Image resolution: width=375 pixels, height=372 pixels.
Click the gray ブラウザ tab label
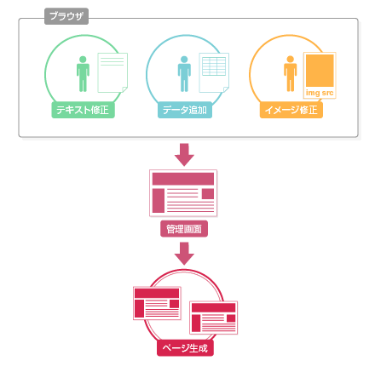click(66, 16)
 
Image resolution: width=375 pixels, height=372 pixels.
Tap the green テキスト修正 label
click(83, 110)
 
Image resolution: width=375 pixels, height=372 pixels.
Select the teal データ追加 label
click(185, 110)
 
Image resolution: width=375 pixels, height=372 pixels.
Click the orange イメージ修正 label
click(291, 110)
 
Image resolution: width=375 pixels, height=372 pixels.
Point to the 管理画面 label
click(184, 229)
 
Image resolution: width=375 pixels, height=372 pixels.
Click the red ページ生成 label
click(185, 348)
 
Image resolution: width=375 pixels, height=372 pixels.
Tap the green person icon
click(83, 74)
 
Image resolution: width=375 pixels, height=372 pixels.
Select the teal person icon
click(184, 74)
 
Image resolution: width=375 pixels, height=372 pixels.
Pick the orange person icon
click(291, 74)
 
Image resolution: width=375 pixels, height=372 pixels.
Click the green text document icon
click(112, 72)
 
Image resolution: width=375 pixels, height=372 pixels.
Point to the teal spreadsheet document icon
click(214, 72)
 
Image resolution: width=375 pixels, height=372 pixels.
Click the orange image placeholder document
click(320, 75)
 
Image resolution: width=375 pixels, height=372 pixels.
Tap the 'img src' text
click(320, 93)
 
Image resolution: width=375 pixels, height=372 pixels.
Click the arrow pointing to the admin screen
click(184, 155)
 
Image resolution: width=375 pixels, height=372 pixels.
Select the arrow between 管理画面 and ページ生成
click(184, 254)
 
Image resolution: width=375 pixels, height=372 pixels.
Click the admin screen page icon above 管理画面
click(183, 193)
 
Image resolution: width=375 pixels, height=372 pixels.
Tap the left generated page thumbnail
click(157, 303)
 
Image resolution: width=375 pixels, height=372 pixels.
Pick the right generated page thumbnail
click(214, 318)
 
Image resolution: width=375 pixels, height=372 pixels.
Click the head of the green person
click(83, 60)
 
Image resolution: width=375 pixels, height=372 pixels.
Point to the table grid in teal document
click(214, 66)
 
